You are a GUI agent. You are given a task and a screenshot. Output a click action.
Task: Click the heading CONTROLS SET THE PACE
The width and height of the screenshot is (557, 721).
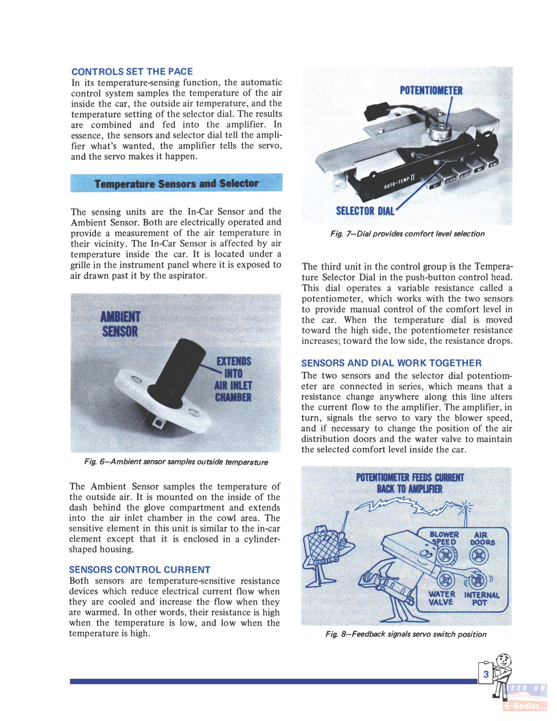coord(132,72)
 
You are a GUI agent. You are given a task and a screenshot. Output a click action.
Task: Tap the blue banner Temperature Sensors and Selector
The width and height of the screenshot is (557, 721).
coord(176,183)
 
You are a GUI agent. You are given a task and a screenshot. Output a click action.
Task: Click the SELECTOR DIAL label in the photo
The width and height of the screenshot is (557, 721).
coord(365,211)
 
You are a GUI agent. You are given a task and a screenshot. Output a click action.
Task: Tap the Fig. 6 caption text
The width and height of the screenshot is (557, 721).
coord(176,462)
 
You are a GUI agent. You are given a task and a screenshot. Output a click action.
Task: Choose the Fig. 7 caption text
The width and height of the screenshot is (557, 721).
coord(407,234)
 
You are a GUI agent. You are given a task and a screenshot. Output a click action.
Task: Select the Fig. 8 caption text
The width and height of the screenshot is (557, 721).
coord(406,634)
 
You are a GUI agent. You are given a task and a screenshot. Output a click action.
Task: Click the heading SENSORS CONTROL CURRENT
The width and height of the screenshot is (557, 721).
coord(140,570)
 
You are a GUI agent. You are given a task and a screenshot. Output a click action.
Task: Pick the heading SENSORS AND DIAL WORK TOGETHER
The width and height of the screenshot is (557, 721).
coord(391,363)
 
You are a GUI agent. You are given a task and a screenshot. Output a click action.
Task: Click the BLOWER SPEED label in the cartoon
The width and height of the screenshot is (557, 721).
coord(444,538)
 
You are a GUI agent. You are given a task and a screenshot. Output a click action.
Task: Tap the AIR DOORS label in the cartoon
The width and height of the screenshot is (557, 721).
coord(482,538)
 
